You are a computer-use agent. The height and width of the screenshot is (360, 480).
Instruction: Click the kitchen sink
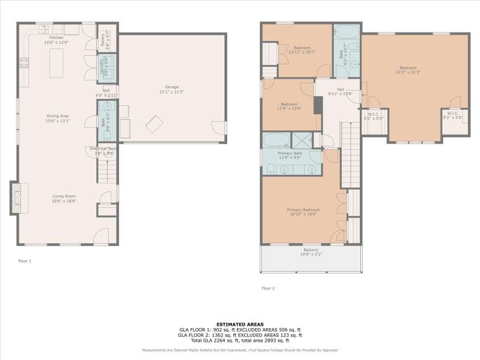tap(43, 28)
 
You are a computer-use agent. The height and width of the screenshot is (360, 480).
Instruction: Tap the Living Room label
tap(64, 198)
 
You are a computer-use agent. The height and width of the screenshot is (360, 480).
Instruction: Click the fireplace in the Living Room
tap(17, 198)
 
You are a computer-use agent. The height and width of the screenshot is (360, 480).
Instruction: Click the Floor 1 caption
tap(24, 260)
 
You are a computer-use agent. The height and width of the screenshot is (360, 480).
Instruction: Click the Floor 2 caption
tap(268, 288)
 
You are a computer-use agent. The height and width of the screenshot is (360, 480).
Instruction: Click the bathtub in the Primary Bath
tap(276, 140)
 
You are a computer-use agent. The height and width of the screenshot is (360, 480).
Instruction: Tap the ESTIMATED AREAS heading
tap(240, 324)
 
